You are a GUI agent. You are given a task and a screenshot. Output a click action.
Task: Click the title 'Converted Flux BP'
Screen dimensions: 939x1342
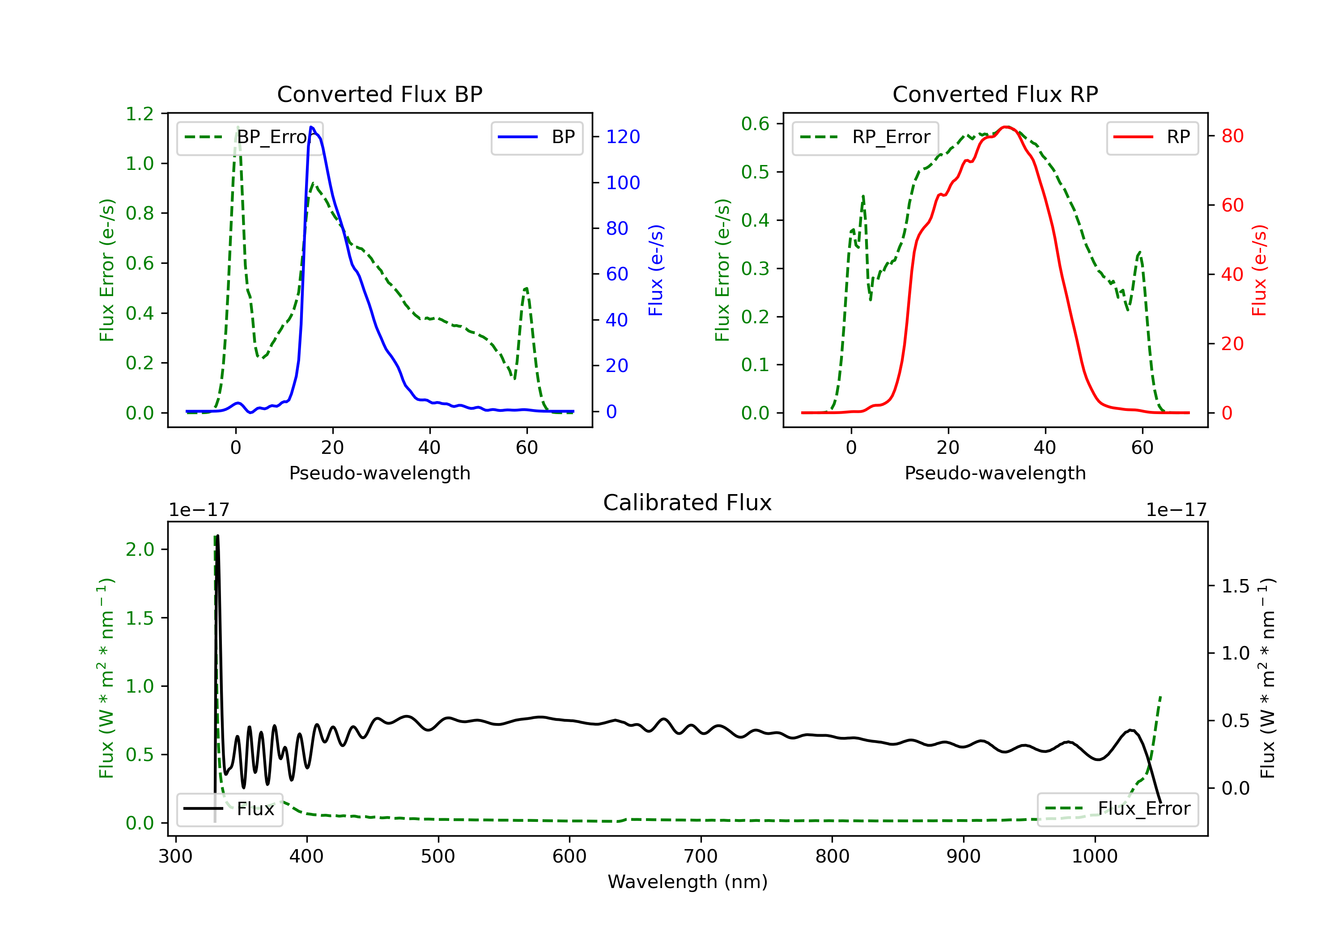pyautogui.click(x=379, y=94)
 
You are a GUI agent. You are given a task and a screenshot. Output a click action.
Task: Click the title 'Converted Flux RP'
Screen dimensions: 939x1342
pyautogui.click(x=995, y=94)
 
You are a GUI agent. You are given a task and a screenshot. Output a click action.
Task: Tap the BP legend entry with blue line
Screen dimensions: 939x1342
pyautogui.click(x=536, y=137)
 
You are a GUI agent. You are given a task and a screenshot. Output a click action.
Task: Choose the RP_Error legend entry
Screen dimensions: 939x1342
pyautogui.click(x=865, y=137)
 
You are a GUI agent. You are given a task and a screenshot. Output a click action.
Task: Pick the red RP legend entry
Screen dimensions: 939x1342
pyautogui.click(x=1152, y=137)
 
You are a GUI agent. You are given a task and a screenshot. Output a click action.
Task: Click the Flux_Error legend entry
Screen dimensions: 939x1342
pyautogui.click(x=1117, y=809)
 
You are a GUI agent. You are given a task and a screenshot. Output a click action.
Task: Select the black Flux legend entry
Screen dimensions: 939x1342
pyautogui.click(x=230, y=809)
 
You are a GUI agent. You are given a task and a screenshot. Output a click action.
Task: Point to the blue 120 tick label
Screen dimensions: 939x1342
pyautogui.click(x=623, y=137)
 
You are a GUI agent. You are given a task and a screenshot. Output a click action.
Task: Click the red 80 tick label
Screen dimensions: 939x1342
pyautogui.click(x=1232, y=136)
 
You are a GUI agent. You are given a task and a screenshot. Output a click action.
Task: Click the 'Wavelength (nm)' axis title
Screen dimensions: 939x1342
pyautogui.click(x=688, y=882)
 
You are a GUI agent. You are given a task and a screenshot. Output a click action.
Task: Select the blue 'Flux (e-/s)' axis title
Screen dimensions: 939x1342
pyautogui.click(x=656, y=270)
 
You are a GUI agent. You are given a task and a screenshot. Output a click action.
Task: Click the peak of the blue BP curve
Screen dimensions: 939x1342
pyautogui.click(x=311, y=127)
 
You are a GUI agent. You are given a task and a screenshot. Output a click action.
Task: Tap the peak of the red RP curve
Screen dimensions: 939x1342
pyautogui.click(x=1006, y=127)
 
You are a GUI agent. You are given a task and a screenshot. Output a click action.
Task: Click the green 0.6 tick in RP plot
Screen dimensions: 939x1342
pyautogui.click(x=755, y=124)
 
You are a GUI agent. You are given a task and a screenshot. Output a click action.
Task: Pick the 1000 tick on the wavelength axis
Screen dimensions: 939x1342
pyautogui.click(x=1094, y=857)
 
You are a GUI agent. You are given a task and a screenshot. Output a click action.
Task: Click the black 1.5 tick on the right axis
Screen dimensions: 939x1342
pyautogui.click(x=1236, y=586)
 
